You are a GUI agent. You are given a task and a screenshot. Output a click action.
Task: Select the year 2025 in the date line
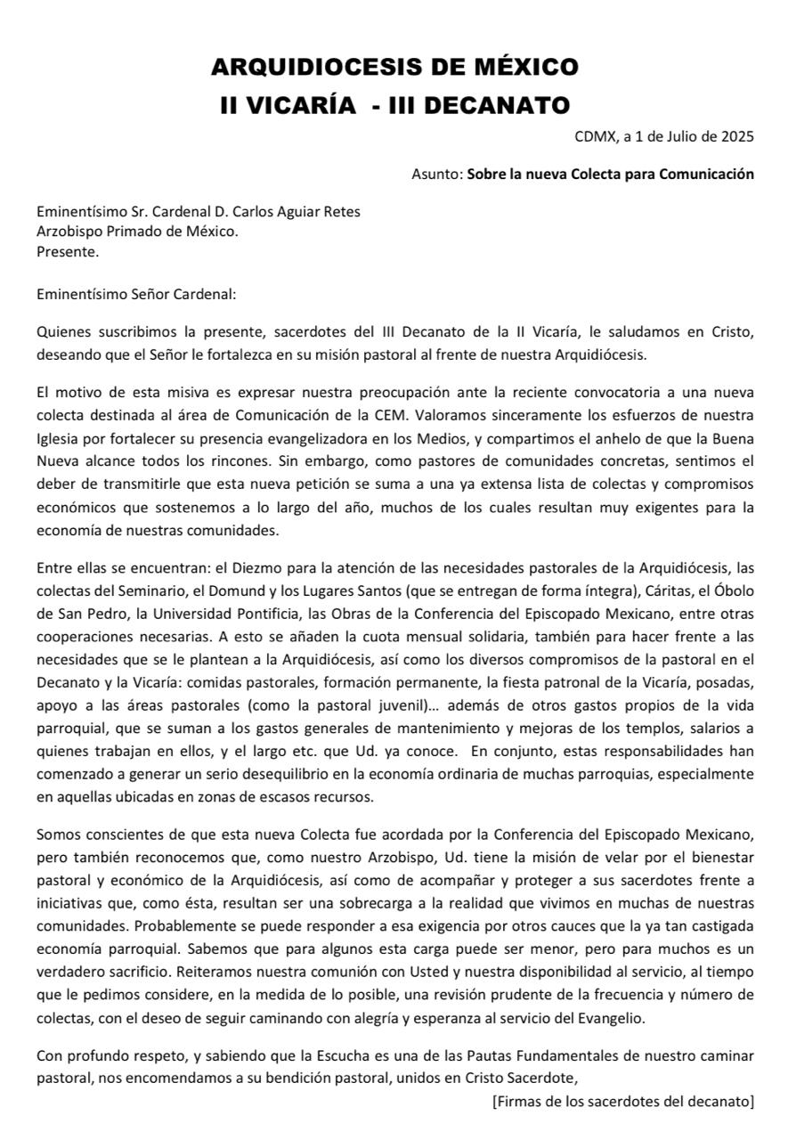[x=736, y=136]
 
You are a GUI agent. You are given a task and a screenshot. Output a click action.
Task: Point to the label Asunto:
[x=437, y=174]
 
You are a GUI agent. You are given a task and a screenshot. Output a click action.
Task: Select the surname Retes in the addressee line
[x=341, y=211]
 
